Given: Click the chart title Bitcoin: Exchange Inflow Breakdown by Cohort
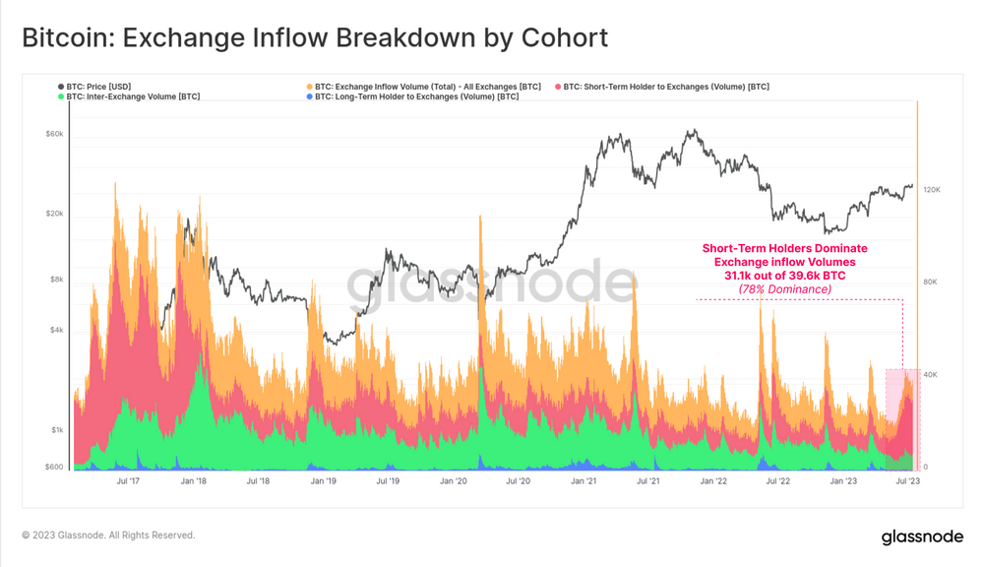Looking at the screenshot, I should [315, 38].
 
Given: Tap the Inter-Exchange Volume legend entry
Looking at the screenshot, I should [133, 96].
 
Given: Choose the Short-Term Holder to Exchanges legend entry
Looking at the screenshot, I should [666, 87].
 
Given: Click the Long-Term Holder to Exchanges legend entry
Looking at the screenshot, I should [416, 96].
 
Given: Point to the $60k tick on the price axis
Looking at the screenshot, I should [54, 135].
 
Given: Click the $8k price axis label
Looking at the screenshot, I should [56, 280].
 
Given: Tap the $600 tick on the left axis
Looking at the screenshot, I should [54, 468].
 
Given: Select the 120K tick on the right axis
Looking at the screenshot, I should [931, 189].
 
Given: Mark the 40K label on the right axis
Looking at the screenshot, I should [931, 375].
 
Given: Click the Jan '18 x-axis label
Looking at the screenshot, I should [194, 481].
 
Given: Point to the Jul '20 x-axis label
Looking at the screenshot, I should [518, 481].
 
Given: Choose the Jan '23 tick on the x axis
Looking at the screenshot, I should [843, 481].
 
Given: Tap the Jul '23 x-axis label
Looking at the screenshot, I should [907, 481].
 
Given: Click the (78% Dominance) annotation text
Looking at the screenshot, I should [784, 289].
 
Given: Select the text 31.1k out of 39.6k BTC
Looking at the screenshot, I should [784, 276].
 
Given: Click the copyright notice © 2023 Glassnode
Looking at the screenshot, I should [108, 535].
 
